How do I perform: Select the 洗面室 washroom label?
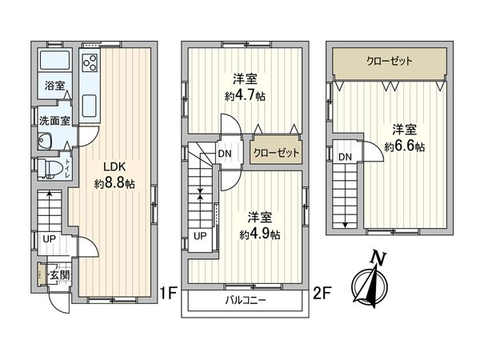[x=54, y=121]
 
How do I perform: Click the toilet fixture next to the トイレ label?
[x=48, y=167]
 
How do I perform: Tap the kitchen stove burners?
[x=89, y=63]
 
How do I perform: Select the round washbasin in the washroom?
[x=44, y=142]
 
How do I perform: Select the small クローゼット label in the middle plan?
[x=276, y=152]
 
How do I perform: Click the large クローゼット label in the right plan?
[x=390, y=61]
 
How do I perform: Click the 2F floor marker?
[x=322, y=293]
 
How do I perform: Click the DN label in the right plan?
[x=344, y=158]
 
